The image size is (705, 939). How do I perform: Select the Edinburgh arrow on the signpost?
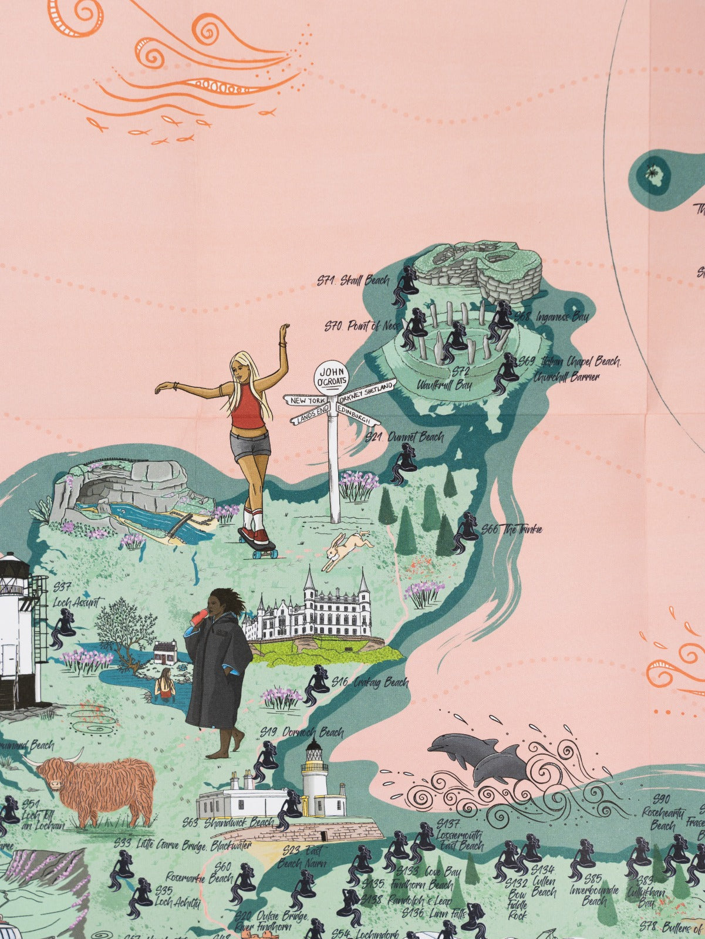pyautogui.click(x=357, y=416)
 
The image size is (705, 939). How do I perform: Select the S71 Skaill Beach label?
pyautogui.click(x=353, y=280)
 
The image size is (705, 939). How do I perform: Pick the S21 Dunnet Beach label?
pyautogui.click(x=404, y=437)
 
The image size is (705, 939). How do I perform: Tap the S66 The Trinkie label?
pyautogui.click(x=511, y=529)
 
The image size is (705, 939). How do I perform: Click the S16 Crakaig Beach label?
pyautogui.click(x=369, y=683)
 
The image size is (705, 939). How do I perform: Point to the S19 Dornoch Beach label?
pyautogui.click(x=302, y=732)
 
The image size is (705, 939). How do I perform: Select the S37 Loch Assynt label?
pyautogui.click(x=76, y=595)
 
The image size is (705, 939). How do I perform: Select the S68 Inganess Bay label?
pyautogui.click(x=551, y=317)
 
